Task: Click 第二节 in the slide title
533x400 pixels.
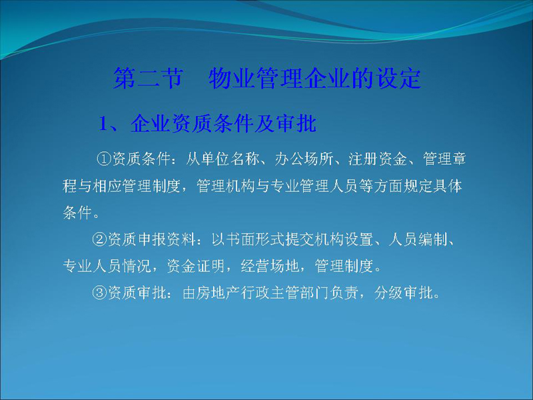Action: tap(148, 78)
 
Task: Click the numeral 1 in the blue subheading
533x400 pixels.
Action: tap(103, 123)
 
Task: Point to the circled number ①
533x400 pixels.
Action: tap(104, 159)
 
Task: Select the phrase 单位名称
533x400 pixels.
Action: tap(230, 159)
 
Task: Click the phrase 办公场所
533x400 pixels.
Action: tap(304, 159)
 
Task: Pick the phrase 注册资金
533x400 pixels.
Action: tap(378, 159)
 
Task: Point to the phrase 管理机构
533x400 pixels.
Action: tap(226, 186)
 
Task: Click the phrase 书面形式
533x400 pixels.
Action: tap(256, 239)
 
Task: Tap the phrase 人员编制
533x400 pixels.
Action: tap(418, 239)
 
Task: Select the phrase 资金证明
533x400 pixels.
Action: tap(196, 266)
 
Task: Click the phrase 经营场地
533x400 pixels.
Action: tap(270, 266)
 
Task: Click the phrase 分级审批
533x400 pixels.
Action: tap(404, 293)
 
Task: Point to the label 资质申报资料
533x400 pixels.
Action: tap(152, 239)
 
